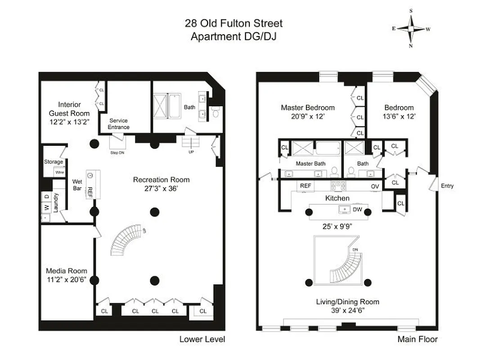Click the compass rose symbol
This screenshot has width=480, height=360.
[411, 28]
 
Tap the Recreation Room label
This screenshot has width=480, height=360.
[161, 180]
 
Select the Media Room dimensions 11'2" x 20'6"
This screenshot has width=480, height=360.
[67, 279]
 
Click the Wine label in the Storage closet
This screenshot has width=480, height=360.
[59, 172]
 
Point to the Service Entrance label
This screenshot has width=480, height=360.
[118, 124]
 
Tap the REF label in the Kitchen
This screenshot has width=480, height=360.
[305, 186]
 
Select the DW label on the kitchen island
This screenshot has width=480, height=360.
[358, 210]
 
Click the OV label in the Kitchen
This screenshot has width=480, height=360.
[375, 186]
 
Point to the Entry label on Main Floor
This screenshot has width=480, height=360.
[447, 186]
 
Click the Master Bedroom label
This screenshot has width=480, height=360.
[308, 108]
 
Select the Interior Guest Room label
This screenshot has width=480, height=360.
[69, 109]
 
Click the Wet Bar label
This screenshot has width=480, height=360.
[77, 185]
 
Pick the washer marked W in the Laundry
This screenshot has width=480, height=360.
[47, 208]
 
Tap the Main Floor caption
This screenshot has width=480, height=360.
[417, 339]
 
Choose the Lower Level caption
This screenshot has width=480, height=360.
[202, 339]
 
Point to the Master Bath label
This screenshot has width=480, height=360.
[310, 164]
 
